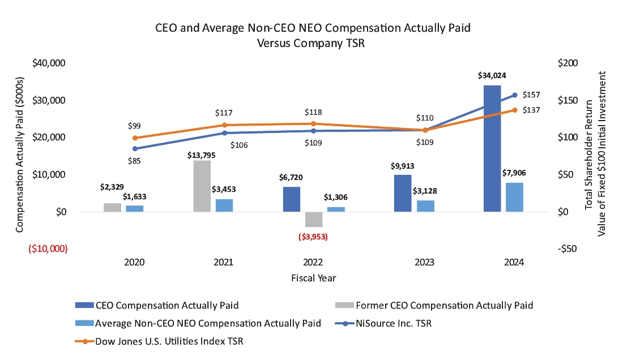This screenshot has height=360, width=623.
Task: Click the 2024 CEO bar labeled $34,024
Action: (x=492, y=148)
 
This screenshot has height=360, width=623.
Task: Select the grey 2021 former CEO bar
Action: (x=202, y=186)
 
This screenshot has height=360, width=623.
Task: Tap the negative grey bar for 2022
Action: (x=313, y=219)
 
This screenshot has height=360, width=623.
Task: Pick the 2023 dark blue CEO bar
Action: (x=403, y=193)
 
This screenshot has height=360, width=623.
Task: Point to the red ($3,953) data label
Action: (x=313, y=237)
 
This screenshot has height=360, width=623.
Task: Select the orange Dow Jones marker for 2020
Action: (x=135, y=138)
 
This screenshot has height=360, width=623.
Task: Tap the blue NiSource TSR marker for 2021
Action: (x=224, y=133)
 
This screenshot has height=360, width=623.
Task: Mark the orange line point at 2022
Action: (x=313, y=123)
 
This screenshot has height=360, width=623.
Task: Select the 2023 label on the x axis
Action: (x=425, y=263)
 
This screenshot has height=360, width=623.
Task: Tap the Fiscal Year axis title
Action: (x=313, y=278)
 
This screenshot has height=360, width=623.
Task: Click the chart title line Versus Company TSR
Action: (x=313, y=44)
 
